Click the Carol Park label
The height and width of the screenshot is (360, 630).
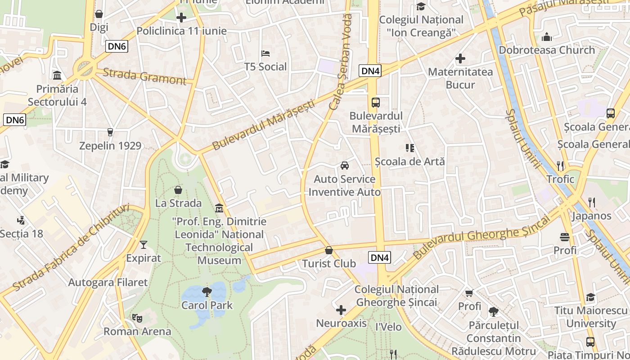(x=207, y=305)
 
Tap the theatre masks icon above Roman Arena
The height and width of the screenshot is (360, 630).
(x=137, y=318)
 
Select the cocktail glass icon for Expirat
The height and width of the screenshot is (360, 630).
(x=144, y=244)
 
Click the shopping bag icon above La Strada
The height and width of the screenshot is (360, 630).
(x=178, y=190)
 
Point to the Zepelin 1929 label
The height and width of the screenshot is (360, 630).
(x=110, y=146)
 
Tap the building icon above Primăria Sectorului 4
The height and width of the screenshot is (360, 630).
(x=57, y=75)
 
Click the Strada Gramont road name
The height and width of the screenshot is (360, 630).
(x=144, y=76)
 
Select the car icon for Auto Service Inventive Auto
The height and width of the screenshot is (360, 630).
(x=345, y=166)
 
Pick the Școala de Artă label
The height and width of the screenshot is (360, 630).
(x=409, y=161)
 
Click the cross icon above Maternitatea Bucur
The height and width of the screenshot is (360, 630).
(x=460, y=58)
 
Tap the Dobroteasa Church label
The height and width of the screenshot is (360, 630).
(x=547, y=50)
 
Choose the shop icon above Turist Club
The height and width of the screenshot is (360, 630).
(x=329, y=250)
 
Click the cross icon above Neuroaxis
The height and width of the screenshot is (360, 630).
(x=341, y=310)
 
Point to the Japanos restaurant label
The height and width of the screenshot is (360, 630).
(x=591, y=216)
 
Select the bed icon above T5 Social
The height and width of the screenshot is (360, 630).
(x=265, y=54)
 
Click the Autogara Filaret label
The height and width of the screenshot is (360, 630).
(x=108, y=283)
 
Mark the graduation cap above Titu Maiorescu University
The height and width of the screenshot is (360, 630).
(x=590, y=297)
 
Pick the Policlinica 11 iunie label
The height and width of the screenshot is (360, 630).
(x=181, y=31)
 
